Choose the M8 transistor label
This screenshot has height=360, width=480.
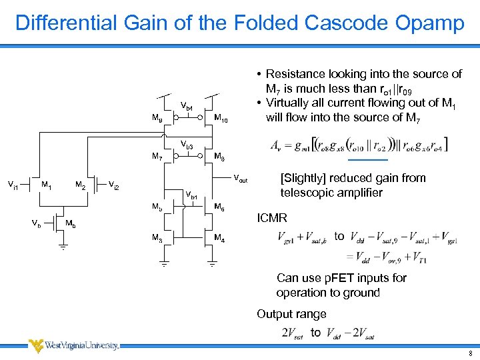click(x=219, y=157)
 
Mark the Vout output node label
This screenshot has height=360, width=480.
click(x=239, y=180)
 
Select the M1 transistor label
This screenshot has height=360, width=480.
click(x=47, y=184)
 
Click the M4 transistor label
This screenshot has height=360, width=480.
click(x=219, y=237)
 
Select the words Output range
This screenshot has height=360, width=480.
click(x=291, y=314)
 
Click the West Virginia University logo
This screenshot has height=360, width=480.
click(x=73, y=345)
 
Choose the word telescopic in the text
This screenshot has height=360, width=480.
click(x=307, y=193)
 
